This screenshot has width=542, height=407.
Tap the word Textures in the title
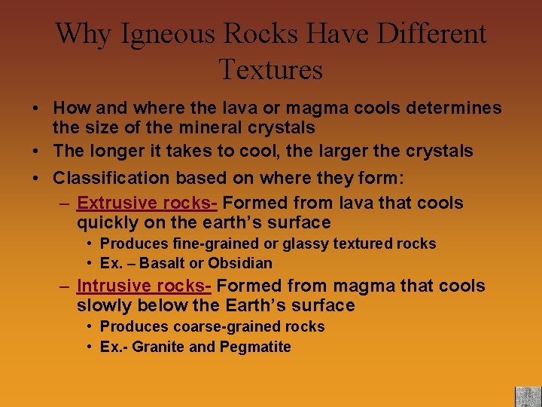pos(271,69)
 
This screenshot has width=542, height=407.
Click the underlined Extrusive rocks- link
pos(148,203)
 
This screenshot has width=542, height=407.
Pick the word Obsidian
pos(240,264)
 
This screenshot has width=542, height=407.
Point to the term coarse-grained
pos(210,326)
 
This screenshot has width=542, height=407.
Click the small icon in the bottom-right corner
pos(528,396)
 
